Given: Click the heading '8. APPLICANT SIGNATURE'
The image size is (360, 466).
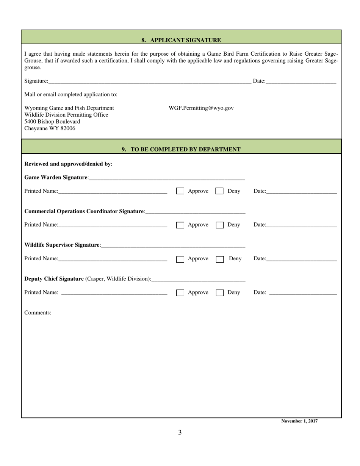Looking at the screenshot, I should coord(181,40).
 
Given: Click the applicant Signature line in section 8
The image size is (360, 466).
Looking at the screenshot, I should coord(150,81).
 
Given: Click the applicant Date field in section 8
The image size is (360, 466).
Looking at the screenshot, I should coord(301,81).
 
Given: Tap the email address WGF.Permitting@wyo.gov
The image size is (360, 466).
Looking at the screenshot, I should coord(201,108).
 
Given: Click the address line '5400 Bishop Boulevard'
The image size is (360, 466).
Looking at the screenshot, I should coord(52,122).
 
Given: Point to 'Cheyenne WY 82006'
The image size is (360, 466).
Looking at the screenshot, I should coord(50,128).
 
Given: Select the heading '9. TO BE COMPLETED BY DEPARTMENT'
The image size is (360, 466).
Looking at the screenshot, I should coord(181,149).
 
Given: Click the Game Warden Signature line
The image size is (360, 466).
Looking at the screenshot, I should coord(167,177).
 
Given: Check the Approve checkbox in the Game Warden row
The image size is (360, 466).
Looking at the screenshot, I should coord(180,191).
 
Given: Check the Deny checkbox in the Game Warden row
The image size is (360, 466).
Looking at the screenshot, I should coord(219,191).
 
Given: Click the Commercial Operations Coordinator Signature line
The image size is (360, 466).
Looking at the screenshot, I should coord(195,211).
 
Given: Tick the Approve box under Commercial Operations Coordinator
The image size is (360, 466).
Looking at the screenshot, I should coord(180,225).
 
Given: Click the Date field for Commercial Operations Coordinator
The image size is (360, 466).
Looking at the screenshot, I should coord(301,225).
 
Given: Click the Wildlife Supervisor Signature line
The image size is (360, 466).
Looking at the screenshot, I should coord(173,245).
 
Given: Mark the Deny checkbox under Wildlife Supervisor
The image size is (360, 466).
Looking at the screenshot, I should coord(219,259).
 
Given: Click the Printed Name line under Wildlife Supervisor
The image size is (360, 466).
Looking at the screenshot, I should coord(113,259).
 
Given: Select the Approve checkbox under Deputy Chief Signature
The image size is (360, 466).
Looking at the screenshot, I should coord(180,293).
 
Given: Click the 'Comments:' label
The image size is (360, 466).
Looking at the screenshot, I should coord(38,313).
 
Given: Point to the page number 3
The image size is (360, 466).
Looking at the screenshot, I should coord(180,432).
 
